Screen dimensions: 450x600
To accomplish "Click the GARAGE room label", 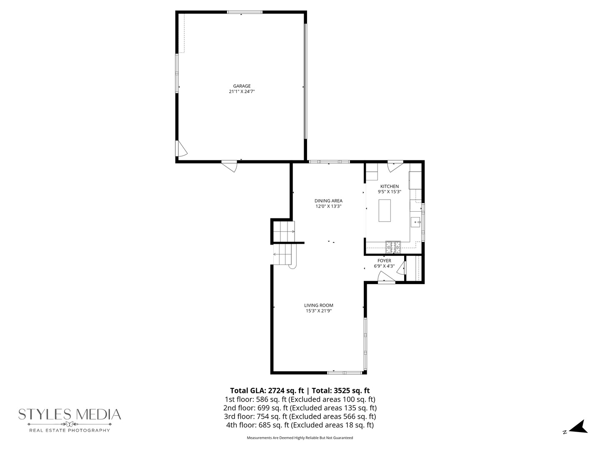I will pos(242,86).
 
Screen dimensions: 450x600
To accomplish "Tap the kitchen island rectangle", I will pos(385,210).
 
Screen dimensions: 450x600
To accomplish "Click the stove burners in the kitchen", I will pos(393,247).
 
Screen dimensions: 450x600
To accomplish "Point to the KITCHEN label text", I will pos(389,186).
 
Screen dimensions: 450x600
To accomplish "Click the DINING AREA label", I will pos(328,201).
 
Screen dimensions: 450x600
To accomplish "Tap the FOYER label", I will pos(384,261).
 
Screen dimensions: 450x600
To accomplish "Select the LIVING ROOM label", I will pos(319,305).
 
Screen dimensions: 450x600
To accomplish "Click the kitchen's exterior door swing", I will pos(394,166).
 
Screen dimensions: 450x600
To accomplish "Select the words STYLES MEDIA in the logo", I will pos(70,414).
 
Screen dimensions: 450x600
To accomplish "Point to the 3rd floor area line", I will pos(300,417).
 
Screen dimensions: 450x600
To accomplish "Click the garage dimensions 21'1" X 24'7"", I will pos(242,92).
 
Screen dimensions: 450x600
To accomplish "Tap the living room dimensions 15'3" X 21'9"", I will pos(319,311).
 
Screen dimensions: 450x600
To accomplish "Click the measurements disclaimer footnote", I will pos(300,438).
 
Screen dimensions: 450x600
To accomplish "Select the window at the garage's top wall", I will pos(245,12).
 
